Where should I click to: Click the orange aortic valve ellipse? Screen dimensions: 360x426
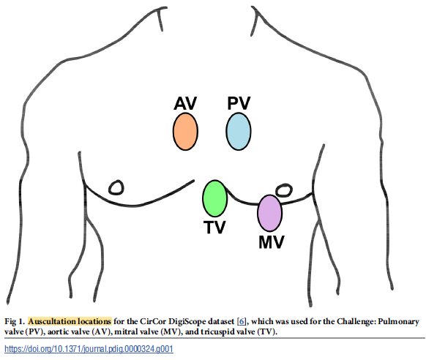click(185, 131)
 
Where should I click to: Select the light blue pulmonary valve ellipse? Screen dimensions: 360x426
click(239, 131)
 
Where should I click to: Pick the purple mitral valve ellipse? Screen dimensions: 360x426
click(269, 213)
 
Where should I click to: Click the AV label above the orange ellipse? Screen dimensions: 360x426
click(185, 103)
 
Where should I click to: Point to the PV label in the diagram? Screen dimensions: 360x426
click(239, 103)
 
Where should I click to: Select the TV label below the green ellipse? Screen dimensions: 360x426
click(214, 228)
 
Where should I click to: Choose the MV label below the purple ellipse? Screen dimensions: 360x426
click(271, 241)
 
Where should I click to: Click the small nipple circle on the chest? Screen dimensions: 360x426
click(116, 187)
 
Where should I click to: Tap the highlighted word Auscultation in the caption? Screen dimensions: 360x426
click(54, 320)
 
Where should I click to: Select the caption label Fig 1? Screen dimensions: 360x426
click(14, 320)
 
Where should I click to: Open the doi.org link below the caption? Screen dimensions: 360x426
click(89, 349)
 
